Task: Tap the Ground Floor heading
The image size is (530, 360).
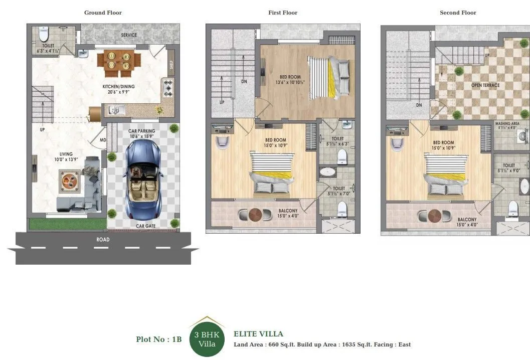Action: pos(103,13)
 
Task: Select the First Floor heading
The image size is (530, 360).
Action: pos(283,13)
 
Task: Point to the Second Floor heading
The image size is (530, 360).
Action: pos(458,13)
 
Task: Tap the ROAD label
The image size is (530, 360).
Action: pos(103,240)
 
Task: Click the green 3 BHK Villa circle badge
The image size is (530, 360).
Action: pos(207,339)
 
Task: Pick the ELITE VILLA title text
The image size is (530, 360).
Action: pos(258,334)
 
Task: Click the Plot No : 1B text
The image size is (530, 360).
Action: pos(158,339)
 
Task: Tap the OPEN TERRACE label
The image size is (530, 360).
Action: pos(485,85)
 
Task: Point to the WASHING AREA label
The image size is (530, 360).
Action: pos(507,123)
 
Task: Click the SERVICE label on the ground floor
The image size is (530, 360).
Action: pos(129,35)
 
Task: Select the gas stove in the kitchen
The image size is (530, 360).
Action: pos(167,88)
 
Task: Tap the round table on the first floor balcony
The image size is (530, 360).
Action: pos(256,214)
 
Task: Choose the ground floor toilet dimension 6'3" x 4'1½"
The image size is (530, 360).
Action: pos(48,51)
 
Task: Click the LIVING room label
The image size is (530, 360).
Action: pos(66,154)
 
